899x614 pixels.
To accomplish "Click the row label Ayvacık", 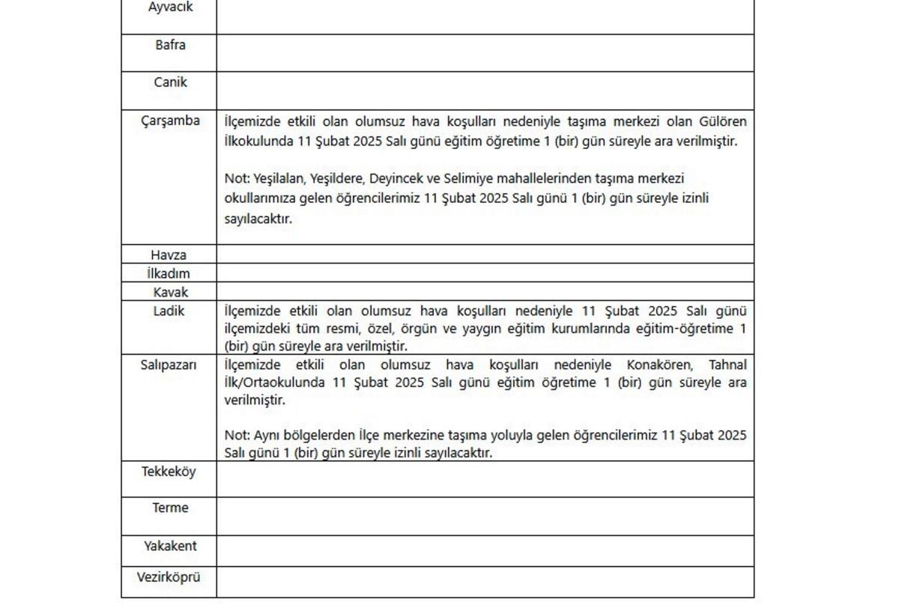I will pyautogui.click(x=170, y=7).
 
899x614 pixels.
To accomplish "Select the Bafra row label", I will pyautogui.click(x=170, y=45).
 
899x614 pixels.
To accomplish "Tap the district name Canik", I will pyautogui.click(x=170, y=82).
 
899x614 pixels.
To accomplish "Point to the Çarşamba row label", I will pyautogui.click(x=170, y=121).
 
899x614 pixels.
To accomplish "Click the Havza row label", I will pyautogui.click(x=169, y=255).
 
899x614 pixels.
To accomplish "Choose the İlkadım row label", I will pyautogui.click(x=169, y=274).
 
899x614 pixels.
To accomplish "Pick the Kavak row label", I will pyautogui.click(x=170, y=293).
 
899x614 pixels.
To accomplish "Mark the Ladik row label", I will pyautogui.click(x=169, y=311).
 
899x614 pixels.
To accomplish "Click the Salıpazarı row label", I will pyautogui.click(x=169, y=365).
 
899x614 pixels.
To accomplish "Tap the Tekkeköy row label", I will pyautogui.click(x=169, y=472).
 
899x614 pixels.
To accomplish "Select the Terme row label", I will pyautogui.click(x=170, y=508).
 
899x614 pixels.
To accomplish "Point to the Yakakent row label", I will pyautogui.click(x=170, y=546).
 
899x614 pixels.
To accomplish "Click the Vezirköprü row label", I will pyautogui.click(x=169, y=577).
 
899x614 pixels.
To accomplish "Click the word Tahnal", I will pyautogui.click(x=727, y=365).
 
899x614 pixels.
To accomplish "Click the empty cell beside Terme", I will pyautogui.click(x=485, y=516).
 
